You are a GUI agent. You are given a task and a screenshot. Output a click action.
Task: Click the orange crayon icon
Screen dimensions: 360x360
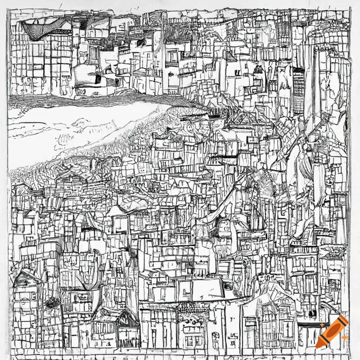point(332,332)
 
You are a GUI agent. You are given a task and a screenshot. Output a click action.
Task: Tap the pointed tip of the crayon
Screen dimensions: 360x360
point(318,346)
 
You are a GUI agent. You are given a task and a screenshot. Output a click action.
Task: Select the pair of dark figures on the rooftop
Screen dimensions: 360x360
point(258,69)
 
